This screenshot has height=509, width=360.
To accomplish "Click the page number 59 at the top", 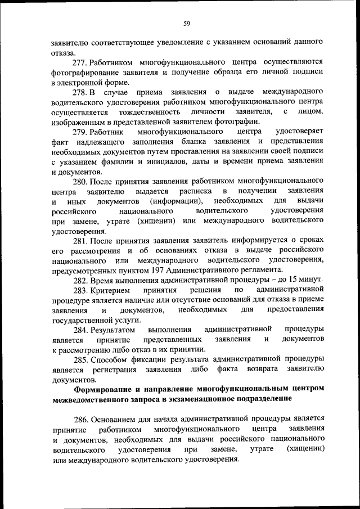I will [187, 23].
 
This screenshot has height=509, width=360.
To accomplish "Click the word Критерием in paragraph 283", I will [110, 290].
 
